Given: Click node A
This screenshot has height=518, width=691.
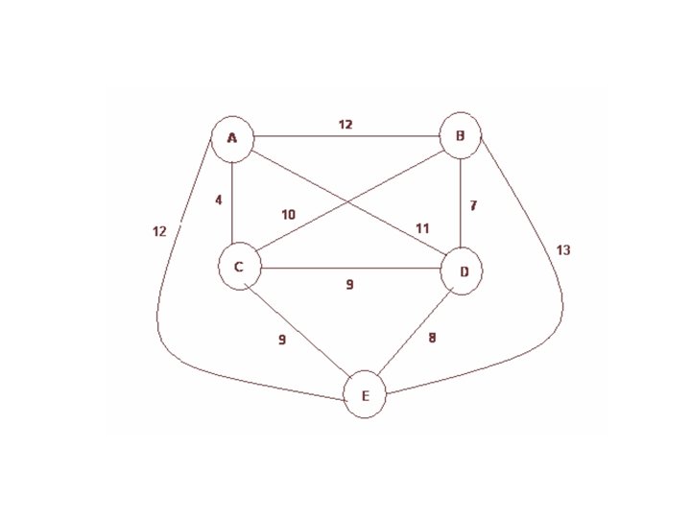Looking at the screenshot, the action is (231, 139).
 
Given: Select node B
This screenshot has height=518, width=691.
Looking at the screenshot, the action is (461, 136).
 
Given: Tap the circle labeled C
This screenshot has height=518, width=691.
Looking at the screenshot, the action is (239, 268).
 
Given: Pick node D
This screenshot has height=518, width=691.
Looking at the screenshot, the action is (464, 271).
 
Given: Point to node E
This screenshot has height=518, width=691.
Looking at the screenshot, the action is (365, 395).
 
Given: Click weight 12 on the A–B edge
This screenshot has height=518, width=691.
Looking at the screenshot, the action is (345, 124).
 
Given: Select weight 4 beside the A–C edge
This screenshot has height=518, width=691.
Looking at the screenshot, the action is (219, 200).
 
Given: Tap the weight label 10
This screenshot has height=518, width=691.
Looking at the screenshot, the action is (289, 214).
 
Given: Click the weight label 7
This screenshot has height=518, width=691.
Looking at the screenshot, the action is (471, 206).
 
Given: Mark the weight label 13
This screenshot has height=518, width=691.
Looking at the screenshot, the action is (563, 250).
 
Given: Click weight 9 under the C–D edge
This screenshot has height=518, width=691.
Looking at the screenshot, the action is (350, 284).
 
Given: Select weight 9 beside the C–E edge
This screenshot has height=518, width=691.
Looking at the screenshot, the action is (281, 339).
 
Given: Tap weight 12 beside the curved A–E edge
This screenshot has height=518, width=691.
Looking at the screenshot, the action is (159, 230).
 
